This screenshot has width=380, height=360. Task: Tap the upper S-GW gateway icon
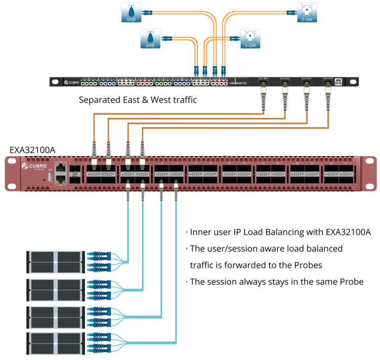307,11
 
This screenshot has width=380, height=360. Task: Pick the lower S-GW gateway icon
250,38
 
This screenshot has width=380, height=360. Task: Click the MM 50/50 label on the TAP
338,81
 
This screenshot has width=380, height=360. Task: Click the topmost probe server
54,260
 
